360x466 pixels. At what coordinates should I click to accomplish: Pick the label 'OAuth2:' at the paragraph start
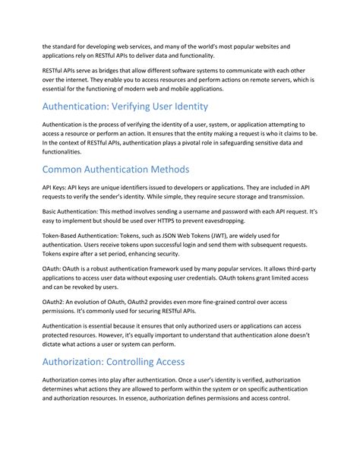55,303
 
